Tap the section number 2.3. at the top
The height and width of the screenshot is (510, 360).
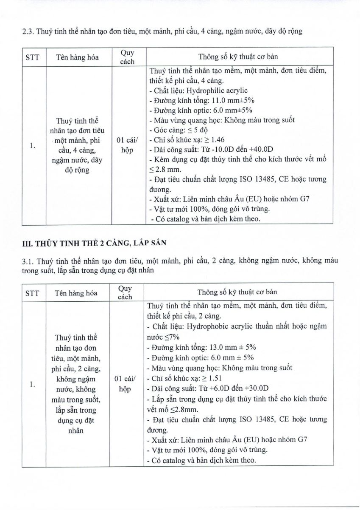click(28, 31)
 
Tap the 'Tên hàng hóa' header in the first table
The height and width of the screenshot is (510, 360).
click(77, 57)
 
